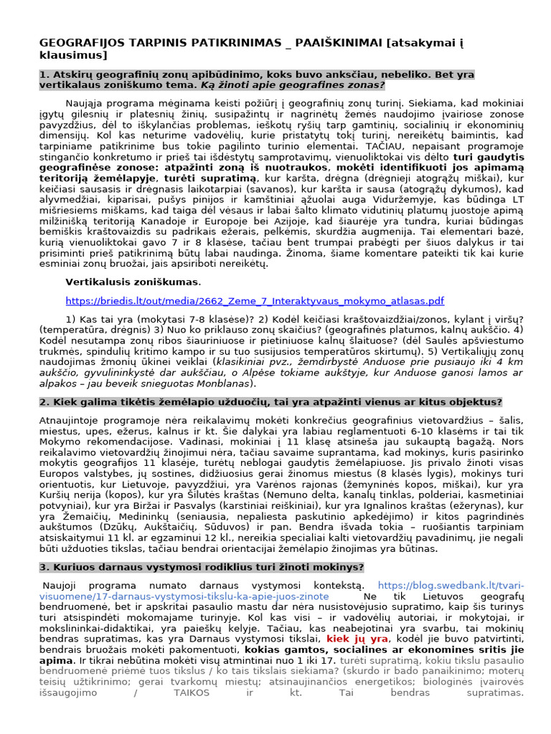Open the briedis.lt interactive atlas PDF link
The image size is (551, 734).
click(x=255, y=301)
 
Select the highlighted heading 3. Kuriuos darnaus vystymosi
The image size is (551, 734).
click(x=201, y=567)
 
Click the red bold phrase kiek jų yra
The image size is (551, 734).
click(x=357, y=638)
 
